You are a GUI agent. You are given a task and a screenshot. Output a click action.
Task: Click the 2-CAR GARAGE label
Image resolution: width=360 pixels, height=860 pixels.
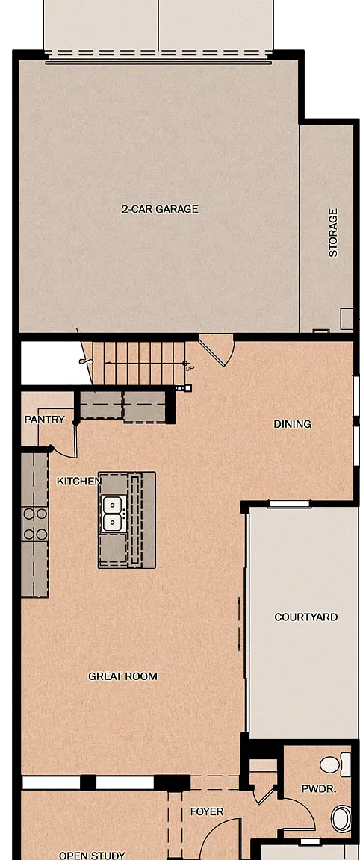160,209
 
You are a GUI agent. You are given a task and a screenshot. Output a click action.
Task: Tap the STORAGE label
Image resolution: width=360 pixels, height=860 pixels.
333,233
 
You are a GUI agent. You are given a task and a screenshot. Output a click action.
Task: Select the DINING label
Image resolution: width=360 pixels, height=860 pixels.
293,424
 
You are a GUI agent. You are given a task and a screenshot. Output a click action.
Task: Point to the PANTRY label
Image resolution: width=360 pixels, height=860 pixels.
45,420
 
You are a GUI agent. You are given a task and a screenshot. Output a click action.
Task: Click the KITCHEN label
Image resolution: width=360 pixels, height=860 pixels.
79,481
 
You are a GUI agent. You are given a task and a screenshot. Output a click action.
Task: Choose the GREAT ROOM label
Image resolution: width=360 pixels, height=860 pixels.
123,676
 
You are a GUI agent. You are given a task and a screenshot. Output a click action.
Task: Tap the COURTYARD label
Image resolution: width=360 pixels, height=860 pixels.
306,617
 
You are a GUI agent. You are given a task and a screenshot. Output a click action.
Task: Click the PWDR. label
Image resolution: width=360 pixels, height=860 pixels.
318,788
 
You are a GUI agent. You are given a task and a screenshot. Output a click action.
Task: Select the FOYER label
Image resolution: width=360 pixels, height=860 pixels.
207,811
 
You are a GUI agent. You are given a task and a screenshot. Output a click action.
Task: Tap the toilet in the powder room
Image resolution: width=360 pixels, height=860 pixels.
336,764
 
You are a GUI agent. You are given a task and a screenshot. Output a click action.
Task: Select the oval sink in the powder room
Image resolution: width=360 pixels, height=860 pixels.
341,818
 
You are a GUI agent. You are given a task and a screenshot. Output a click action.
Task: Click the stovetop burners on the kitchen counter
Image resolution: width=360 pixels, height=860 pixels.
35,523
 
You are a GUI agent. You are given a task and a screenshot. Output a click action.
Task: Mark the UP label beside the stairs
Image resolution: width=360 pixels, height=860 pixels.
190,369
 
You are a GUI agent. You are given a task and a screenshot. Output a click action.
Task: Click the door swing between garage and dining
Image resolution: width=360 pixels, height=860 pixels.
217,350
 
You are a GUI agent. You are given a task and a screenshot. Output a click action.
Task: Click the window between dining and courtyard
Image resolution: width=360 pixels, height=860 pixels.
288,504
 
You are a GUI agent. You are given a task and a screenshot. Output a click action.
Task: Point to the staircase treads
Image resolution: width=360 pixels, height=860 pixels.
137,363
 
